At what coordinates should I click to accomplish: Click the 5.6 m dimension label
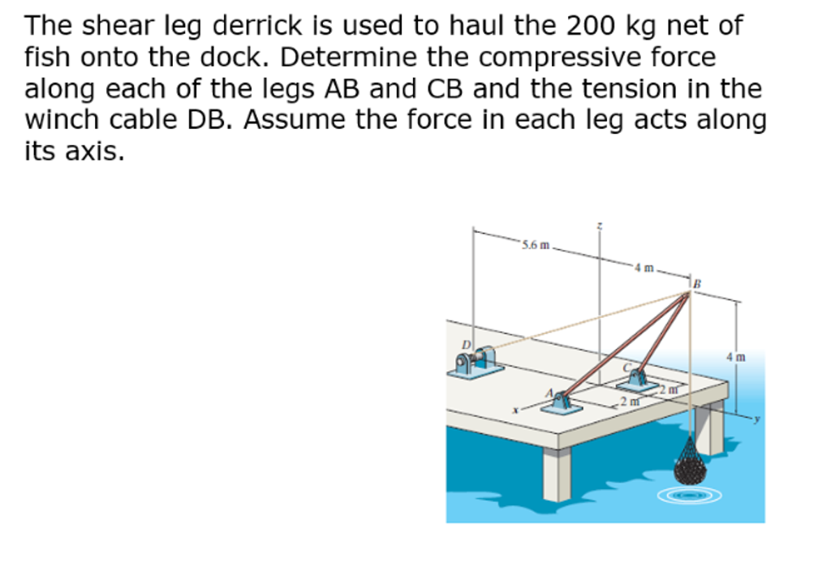coord(536,244)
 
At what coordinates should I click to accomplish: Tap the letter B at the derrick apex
coord(695,283)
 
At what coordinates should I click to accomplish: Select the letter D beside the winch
coord(466,346)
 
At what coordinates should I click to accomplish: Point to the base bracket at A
coord(562,402)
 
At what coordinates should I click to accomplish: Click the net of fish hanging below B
coord(691,462)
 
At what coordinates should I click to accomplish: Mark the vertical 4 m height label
coord(735,355)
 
